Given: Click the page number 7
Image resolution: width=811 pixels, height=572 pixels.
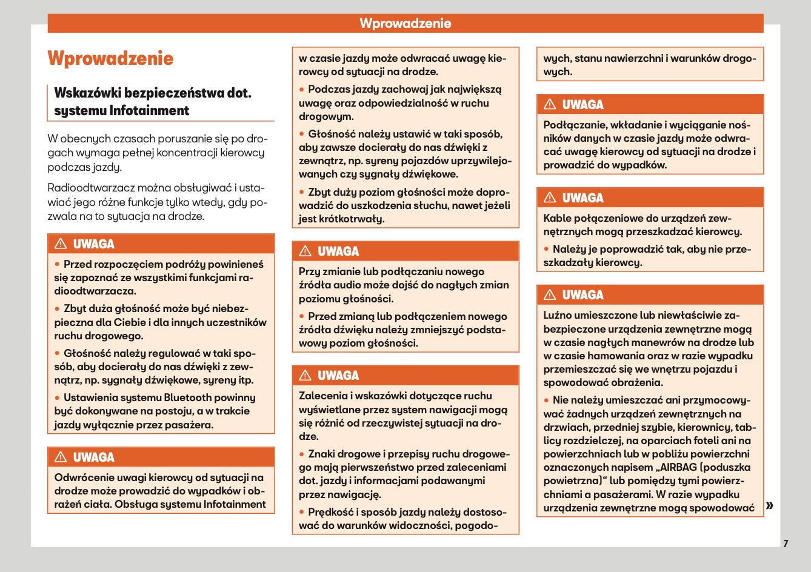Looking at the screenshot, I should [x=786, y=544].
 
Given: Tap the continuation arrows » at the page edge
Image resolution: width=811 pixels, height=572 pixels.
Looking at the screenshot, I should [x=770, y=505].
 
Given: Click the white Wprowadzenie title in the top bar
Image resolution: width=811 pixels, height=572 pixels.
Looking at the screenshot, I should [x=405, y=24].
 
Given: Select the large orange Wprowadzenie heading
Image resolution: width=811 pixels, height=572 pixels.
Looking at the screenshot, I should [x=110, y=58].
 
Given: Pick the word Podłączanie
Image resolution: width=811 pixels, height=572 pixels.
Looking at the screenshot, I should [x=573, y=125].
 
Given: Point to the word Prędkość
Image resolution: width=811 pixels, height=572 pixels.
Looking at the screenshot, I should [x=331, y=512].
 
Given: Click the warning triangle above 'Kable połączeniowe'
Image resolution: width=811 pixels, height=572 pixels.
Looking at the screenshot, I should [x=550, y=198].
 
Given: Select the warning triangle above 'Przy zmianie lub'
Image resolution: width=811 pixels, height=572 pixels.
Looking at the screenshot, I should [x=305, y=251].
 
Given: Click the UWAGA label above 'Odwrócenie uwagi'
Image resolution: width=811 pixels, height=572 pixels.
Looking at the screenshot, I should [x=93, y=457].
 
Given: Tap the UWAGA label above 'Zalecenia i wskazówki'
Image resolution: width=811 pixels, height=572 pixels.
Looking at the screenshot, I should [x=338, y=375].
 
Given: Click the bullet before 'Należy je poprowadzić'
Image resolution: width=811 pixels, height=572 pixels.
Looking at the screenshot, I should [x=547, y=249].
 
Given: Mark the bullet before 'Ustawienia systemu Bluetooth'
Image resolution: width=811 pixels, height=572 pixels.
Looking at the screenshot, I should [x=58, y=397].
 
